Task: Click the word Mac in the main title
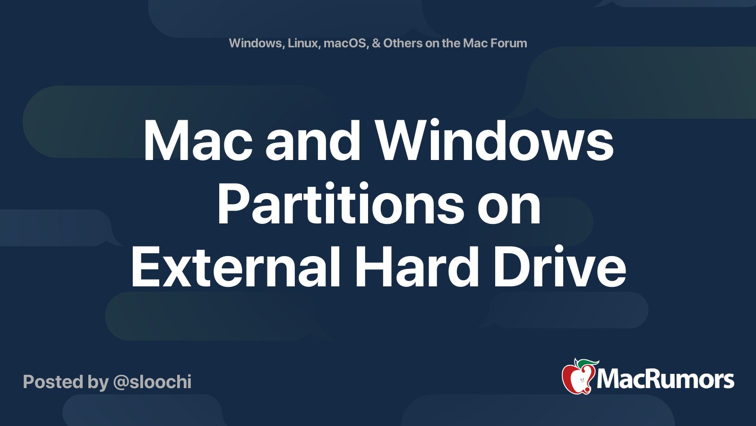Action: (x=198, y=142)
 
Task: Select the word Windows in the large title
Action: (x=494, y=142)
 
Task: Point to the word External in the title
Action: (x=236, y=267)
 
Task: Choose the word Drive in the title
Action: (x=560, y=267)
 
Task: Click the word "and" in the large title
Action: (x=313, y=142)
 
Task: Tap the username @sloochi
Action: (x=152, y=382)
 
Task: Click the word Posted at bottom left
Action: (x=52, y=382)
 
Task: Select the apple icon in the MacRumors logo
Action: (x=577, y=379)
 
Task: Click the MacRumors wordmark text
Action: (x=665, y=380)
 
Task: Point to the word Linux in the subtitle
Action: (x=303, y=43)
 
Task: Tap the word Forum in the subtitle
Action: (x=508, y=43)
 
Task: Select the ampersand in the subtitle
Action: (x=376, y=43)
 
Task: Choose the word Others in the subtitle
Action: (x=403, y=43)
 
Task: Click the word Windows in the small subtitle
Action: (x=256, y=43)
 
